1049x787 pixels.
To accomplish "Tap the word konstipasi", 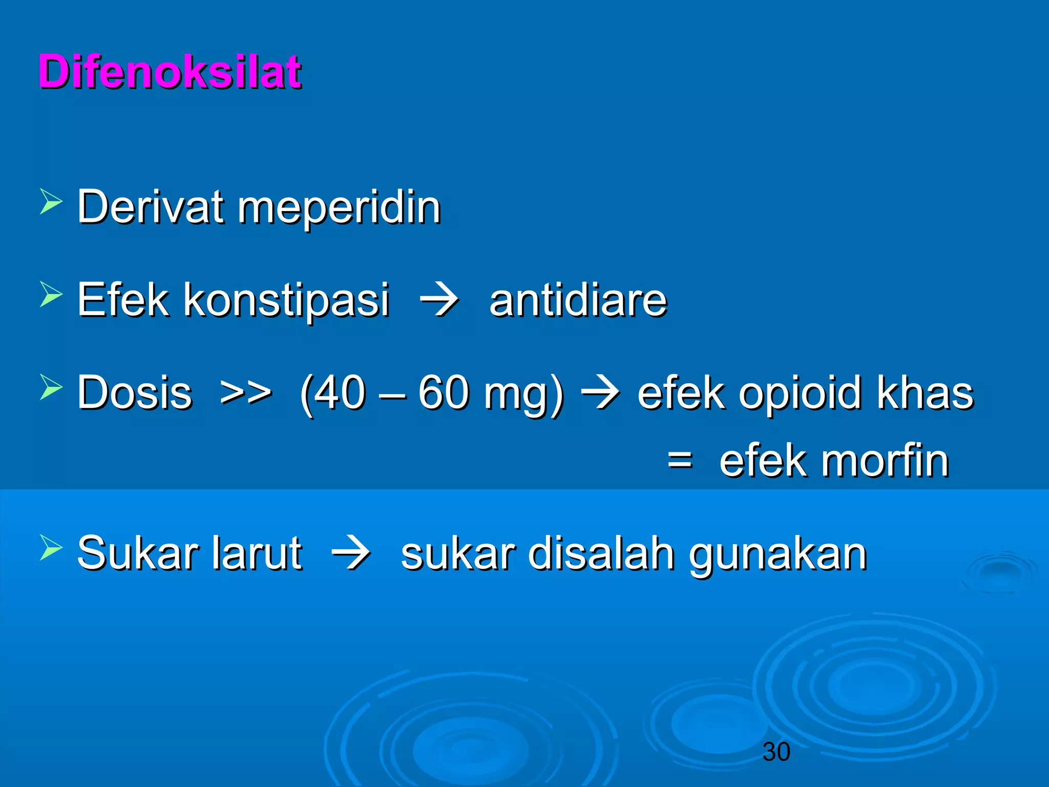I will point(286,300).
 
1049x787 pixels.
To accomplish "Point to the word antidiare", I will point(578,300).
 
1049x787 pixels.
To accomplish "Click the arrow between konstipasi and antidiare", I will point(439,300).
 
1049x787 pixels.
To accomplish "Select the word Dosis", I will point(134,393).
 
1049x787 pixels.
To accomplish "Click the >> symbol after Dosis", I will point(245,393).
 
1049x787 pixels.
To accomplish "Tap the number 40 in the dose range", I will point(340,393).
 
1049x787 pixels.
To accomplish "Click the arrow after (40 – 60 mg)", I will point(600,393).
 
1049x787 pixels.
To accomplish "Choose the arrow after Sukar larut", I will point(351,553).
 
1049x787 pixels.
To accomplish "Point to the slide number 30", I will point(776,752).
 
